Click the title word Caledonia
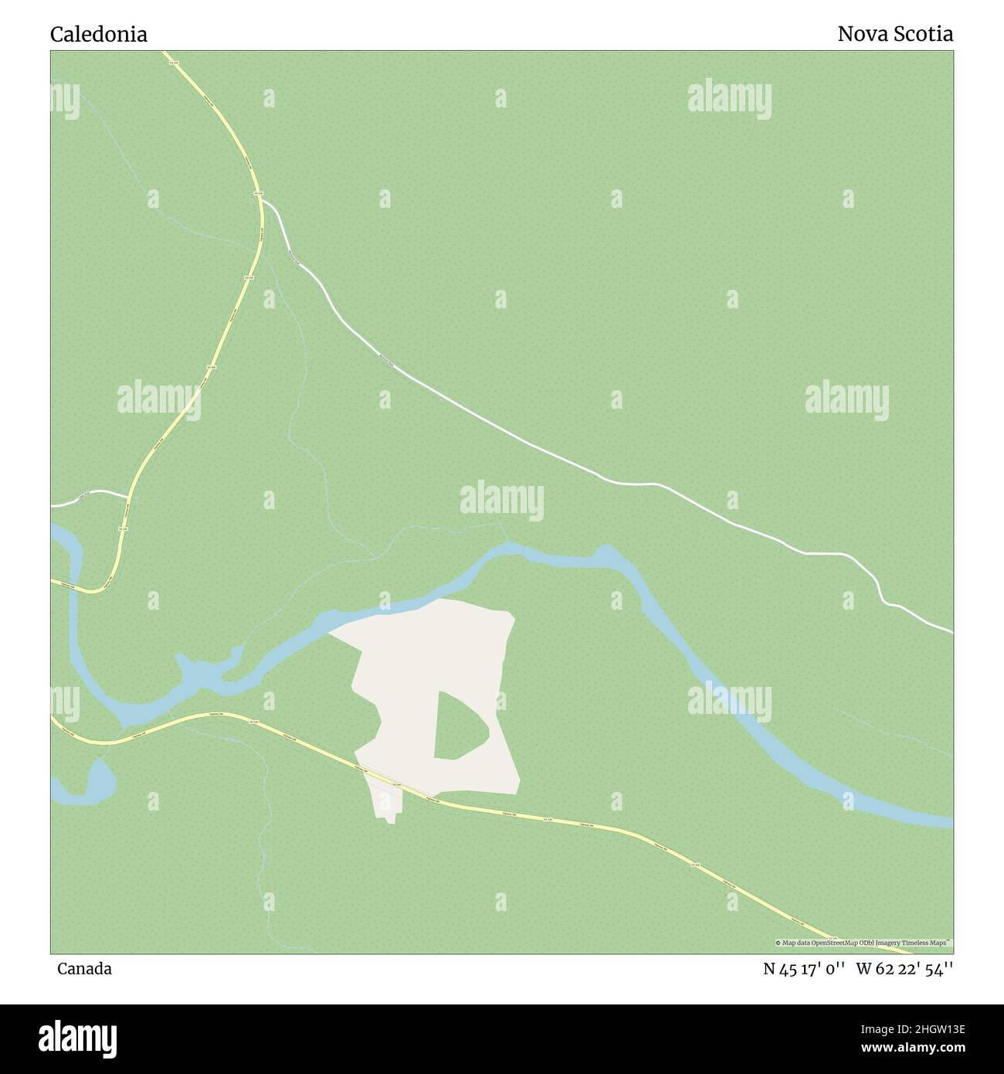coord(99,34)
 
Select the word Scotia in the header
coord(924,34)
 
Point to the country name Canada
coord(84,968)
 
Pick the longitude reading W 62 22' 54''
coord(904,969)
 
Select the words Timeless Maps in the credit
coord(928,943)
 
